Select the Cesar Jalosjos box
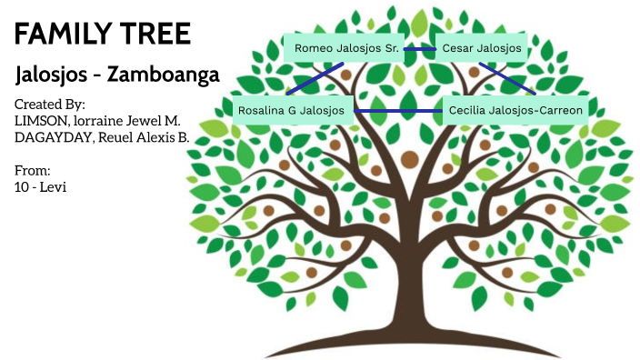pyautogui.click(x=481, y=48)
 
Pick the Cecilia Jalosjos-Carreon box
pyautogui.click(x=515, y=110)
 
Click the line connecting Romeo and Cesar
pyautogui.click(x=419, y=48)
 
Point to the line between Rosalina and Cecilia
pyautogui.click(x=397, y=110)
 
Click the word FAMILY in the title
pyautogui.click(x=56, y=35)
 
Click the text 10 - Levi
pyautogui.click(x=42, y=186)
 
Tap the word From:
pyautogui.click(x=33, y=170)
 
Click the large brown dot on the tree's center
pyautogui.click(x=409, y=160)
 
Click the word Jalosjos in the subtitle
pyautogui.click(x=55, y=75)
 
